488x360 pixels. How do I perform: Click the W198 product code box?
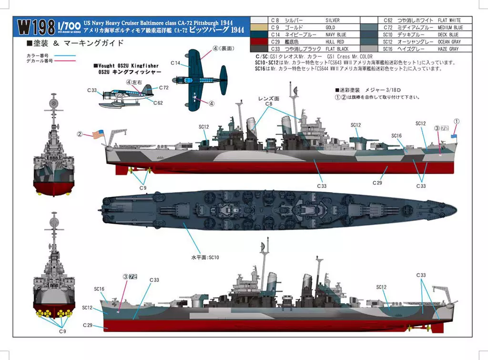coord(36,27)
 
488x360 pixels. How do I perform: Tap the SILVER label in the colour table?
coord(332,21)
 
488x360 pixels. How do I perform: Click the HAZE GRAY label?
coord(447,49)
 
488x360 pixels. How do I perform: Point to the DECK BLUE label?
coord(447,35)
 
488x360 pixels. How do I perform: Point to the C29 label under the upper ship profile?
coord(377,182)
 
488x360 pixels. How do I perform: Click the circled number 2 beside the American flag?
coord(80,134)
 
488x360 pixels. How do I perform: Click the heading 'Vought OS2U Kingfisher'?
coord(126,65)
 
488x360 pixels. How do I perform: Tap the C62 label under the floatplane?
coord(158,103)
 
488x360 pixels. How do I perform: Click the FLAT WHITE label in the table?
coord(448,21)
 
